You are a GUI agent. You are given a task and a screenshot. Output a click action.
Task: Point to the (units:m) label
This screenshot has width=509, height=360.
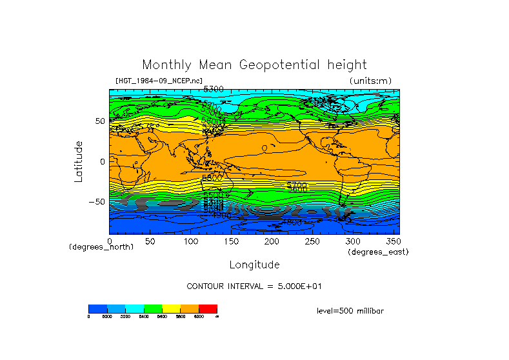[x=370, y=81]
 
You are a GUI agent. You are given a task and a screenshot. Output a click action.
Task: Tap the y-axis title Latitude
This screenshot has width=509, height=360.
[x=79, y=161]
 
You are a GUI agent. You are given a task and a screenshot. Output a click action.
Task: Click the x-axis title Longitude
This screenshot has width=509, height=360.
[x=255, y=265]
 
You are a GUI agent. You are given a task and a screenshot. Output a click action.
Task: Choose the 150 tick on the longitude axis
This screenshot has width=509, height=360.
[x=230, y=241]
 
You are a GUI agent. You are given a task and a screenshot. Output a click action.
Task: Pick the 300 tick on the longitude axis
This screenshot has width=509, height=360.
[x=352, y=241]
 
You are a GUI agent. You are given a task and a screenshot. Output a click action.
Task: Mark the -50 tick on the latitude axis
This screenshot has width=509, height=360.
[x=97, y=201]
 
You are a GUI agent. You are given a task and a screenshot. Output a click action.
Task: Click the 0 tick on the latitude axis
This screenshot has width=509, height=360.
[x=102, y=161]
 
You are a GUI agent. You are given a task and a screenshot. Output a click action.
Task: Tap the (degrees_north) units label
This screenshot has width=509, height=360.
[x=101, y=247]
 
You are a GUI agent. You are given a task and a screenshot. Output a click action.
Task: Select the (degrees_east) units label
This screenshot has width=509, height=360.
[x=378, y=252]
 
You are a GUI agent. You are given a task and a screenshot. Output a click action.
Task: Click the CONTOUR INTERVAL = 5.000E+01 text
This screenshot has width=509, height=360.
[x=254, y=286]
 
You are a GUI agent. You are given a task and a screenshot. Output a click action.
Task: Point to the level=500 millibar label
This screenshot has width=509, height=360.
[x=350, y=311]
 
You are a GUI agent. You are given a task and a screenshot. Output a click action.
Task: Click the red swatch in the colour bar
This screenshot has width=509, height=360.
[x=208, y=308]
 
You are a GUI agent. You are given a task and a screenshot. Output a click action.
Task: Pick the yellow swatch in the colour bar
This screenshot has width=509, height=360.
[x=171, y=308]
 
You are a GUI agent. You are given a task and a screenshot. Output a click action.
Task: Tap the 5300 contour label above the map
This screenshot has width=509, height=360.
[x=214, y=89]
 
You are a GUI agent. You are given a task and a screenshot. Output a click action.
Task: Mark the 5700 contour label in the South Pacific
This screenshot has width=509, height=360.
[x=297, y=185]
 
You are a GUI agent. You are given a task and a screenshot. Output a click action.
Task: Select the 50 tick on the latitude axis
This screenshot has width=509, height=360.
[x=99, y=121]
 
